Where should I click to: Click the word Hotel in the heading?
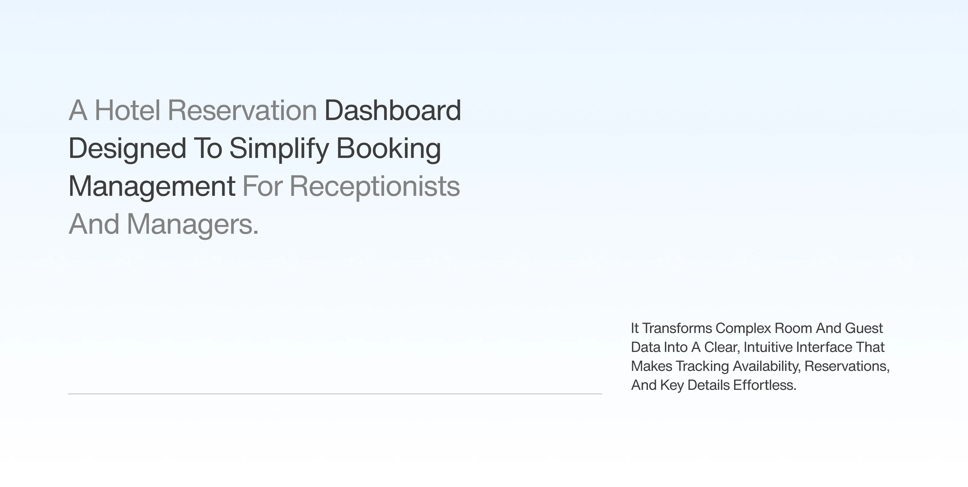click(x=127, y=110)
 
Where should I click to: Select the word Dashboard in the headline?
click(x=393, y=110)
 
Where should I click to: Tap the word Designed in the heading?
click(x=127, y=148)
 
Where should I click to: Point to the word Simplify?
click(x=279, y=148)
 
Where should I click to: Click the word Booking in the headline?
click(x=388, y=148)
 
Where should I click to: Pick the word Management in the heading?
click(x=152, y=186)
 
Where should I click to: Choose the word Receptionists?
click(x=375, y=186)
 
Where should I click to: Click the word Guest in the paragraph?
click(x=864, y=328)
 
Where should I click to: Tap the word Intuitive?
click(x=768, y=347)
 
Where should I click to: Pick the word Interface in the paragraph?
click(x=824, y=347)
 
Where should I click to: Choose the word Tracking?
click(x=702, y=366)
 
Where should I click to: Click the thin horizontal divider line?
click(x=334, y=394)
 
